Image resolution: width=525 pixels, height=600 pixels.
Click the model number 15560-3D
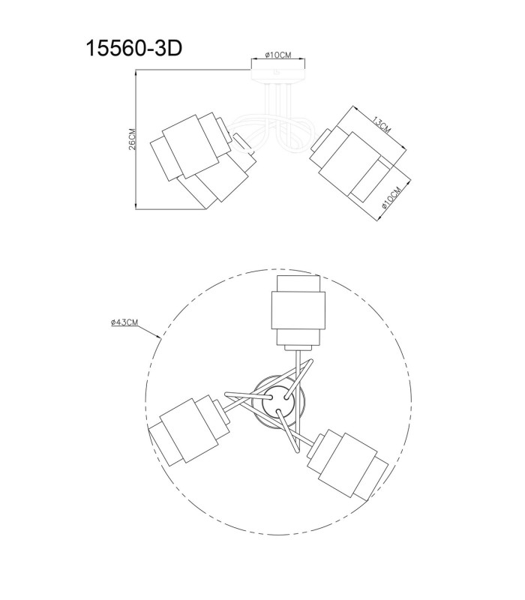click(x=134, y=49)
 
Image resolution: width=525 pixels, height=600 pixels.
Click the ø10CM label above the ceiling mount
click(x=278, y=55)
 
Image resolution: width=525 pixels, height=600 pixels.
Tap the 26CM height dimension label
click(x=132, y=139)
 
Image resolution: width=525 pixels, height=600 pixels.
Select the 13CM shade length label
click(x=381, y=124)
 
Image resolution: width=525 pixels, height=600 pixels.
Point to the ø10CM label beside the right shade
click(x=391, y=197)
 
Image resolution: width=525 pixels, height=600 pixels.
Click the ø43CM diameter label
click(x=124, y=322)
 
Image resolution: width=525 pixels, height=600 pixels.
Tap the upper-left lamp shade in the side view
click(x=190, y=146)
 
